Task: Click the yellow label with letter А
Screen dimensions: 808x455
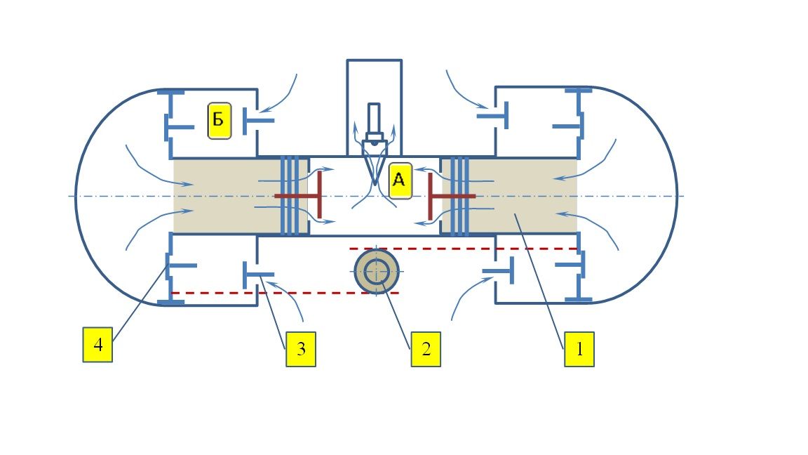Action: (x=400, y=180)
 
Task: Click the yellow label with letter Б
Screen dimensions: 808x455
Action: (x=220, y=121)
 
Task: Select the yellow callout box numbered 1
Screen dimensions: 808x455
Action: (x=579, y=349)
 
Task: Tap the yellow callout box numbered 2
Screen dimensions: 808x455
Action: (x=426, y=349)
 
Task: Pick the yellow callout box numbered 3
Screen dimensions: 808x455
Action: (x=301, y=349)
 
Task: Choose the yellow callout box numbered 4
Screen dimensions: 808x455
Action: (x=98, y=344)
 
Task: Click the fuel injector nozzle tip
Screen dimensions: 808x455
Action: (x=375, y=182)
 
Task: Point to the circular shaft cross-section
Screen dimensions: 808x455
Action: (x=377, y=271)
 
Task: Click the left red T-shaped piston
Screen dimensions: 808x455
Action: (x=298, y=195)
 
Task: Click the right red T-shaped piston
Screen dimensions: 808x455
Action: (x=452, y=196)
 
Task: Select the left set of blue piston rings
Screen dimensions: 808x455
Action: (x=290, y=196)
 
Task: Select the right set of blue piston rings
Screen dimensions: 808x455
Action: (x=459, y=196)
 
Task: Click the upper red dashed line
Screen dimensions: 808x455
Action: (x=463, y=249)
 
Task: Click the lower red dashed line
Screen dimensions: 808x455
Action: (x=285, y=293)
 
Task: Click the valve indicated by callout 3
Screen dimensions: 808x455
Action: (x=258, y=275)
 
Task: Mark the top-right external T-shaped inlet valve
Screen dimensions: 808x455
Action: (x=493, y=116)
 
